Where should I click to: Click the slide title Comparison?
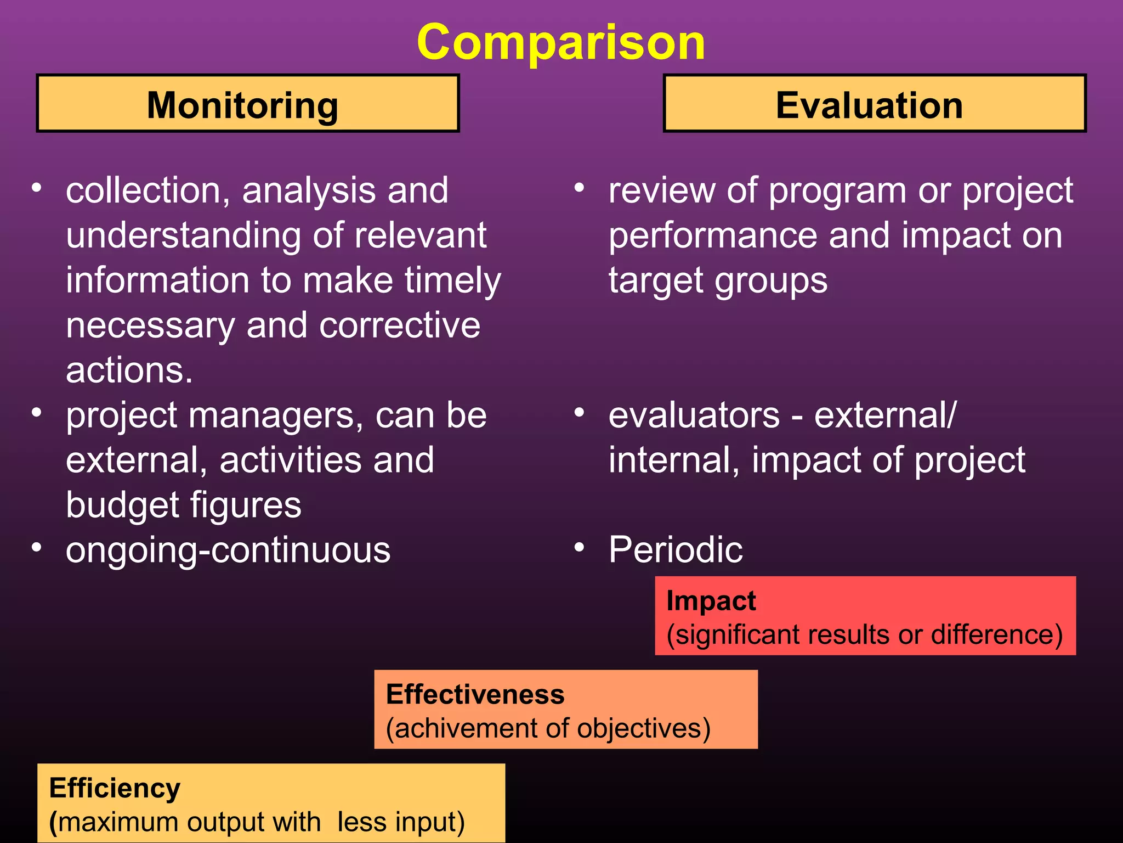pyautogui.click(x=561, y=43)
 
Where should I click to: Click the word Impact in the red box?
pyautogui.click(x=711, y=601)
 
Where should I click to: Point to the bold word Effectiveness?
pyautogui.click(x=475, y=695)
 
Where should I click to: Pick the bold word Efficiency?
pyautogui.click(x=115, y=789)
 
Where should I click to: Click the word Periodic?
pyautogui.click(x=676, y=550)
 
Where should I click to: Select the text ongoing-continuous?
pyautogui.click(x=228, y=550)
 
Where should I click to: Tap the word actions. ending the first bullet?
pyautogui.click(x=129, y=370)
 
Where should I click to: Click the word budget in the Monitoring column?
pyautogui.click(x=114, y=505)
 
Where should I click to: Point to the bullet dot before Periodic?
pyautogui.click(x=580, y=547)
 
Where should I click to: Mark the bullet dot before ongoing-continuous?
pyautogui.click(x=37, y=547)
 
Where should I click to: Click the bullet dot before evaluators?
pyautogui.click(x=580, y=412)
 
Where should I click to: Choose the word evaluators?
pyautogui.click(x=694, y=415)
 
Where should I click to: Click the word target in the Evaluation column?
pyautogui.click(x=656, y=281)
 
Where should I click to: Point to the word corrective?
pyautogui.click(x=400, y=325)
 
